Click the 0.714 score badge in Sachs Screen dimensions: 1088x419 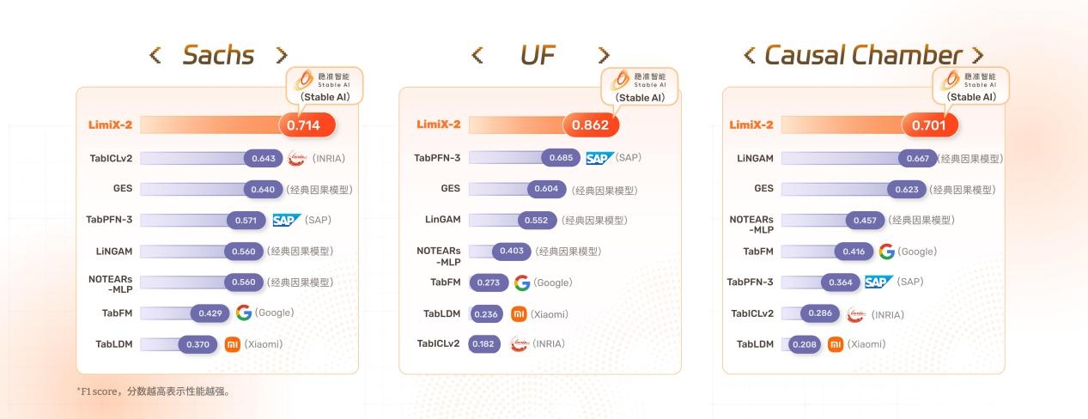[x=307, y=125]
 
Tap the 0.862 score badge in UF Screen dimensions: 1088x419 [x=591, y=124]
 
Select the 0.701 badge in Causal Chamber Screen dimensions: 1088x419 [x=930, y=125]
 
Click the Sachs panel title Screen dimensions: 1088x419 [x=218, y=55]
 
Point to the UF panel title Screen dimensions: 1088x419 [x=538, y=55]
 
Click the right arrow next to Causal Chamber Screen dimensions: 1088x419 [x=978, y=55]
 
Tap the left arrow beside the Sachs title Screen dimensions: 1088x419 [x=155, y=55]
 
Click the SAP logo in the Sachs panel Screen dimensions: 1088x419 [x=287, y=220]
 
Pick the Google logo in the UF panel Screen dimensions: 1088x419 [x=522, y=282]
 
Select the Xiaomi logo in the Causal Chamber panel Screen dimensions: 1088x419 [x=836, y=344]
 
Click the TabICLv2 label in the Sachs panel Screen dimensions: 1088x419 [x=111, y=158]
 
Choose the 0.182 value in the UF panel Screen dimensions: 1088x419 [x=483, y=343]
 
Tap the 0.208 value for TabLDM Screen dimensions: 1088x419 [x=805, y=344]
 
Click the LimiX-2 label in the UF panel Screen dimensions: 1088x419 [x=439, y=124]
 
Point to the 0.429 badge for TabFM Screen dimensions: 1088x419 [x=210, y=313]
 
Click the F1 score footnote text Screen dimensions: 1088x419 [x=154, y=392]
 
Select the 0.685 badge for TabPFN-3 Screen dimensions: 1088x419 [x=561, y=157]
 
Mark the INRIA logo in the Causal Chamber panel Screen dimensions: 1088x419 [x=856, y=314]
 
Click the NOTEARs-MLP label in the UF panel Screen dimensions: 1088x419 [x=439, y=257]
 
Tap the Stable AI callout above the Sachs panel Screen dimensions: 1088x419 [x=325, y=86]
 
